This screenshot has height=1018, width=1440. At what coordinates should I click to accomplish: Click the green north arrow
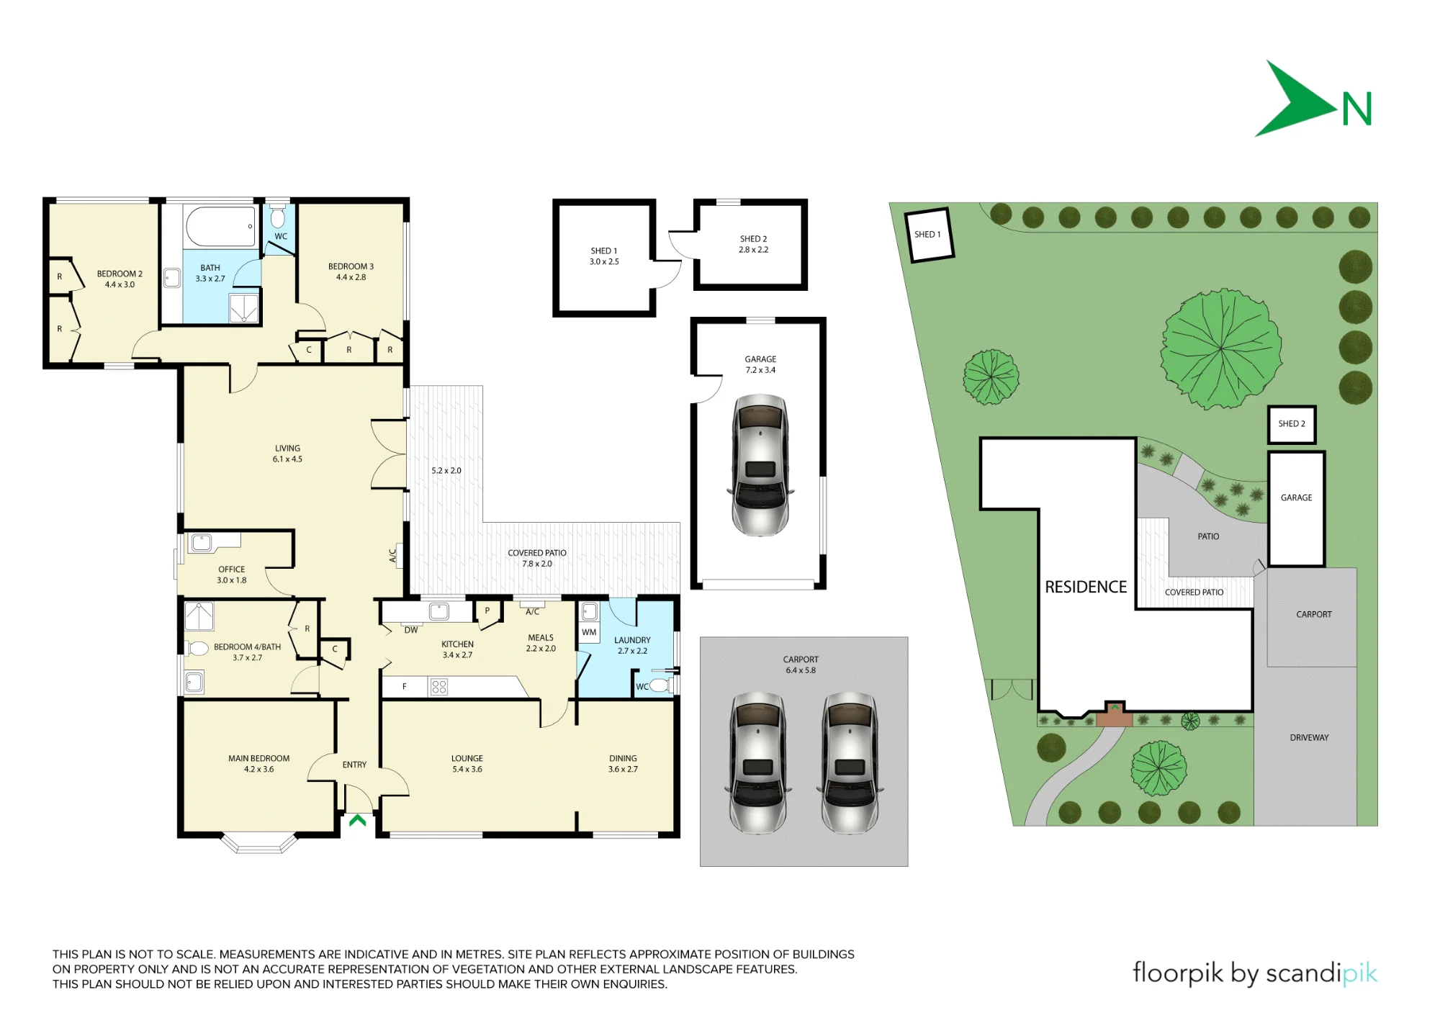click(1296, 101)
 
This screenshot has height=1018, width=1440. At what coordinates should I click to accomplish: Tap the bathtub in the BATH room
click(221, 225)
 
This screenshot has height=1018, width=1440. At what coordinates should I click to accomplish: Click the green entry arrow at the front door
click(357, 819)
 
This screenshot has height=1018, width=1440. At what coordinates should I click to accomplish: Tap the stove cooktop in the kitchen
click(438, 687)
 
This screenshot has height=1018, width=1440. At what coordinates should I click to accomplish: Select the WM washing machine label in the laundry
click(589, 632)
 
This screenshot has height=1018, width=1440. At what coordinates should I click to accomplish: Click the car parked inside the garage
click(760, 464)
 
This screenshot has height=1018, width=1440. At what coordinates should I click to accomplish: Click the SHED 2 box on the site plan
click(1292, 424)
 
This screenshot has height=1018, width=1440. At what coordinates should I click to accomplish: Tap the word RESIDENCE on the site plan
click(1086, 587)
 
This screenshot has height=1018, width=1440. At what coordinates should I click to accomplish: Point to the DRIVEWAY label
click(1309, 737)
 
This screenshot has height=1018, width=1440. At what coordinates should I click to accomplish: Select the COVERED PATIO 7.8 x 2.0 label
click(537, 558)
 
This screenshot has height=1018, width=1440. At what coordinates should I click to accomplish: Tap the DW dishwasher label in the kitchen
click(411, 630)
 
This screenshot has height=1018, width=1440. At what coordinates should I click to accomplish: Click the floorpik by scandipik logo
click(1254, 973)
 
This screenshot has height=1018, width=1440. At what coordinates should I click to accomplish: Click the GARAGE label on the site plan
click(1296, 497)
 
